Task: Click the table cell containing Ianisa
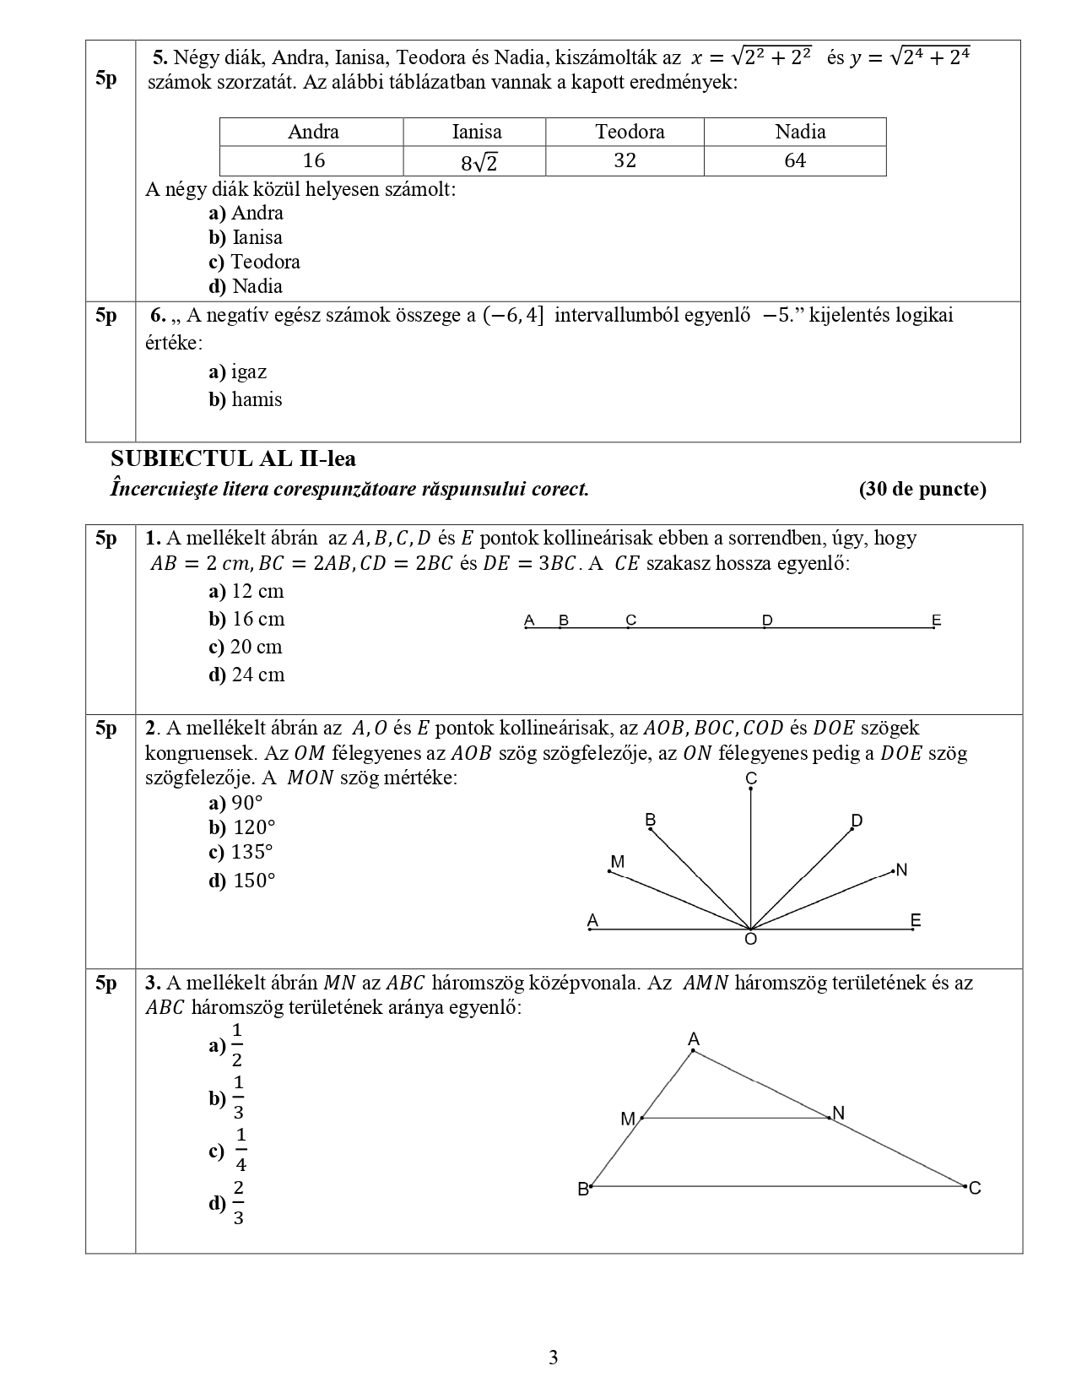coord(476,132)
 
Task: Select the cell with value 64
coord(794,160)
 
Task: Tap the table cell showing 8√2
coord(476,161)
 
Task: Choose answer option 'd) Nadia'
coord(246,286)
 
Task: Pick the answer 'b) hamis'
coord(246,399)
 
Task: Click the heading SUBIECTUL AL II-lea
coord(233,458)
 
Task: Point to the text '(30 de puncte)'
coord(922,489)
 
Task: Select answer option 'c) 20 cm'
coord(246,647)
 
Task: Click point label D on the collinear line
coord(767,621)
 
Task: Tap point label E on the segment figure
coord(936,621)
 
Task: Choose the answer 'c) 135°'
coord(242,852)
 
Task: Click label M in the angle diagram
coord(617,862)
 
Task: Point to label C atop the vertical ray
coord(751,778)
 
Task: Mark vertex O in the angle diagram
coord(750,938)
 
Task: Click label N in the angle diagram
coord(901,870)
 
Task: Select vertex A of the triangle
coord(694,1039)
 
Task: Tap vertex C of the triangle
coord(975,1188)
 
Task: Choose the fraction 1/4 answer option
coord(230,1151)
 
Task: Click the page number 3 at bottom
coord(553,1358)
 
